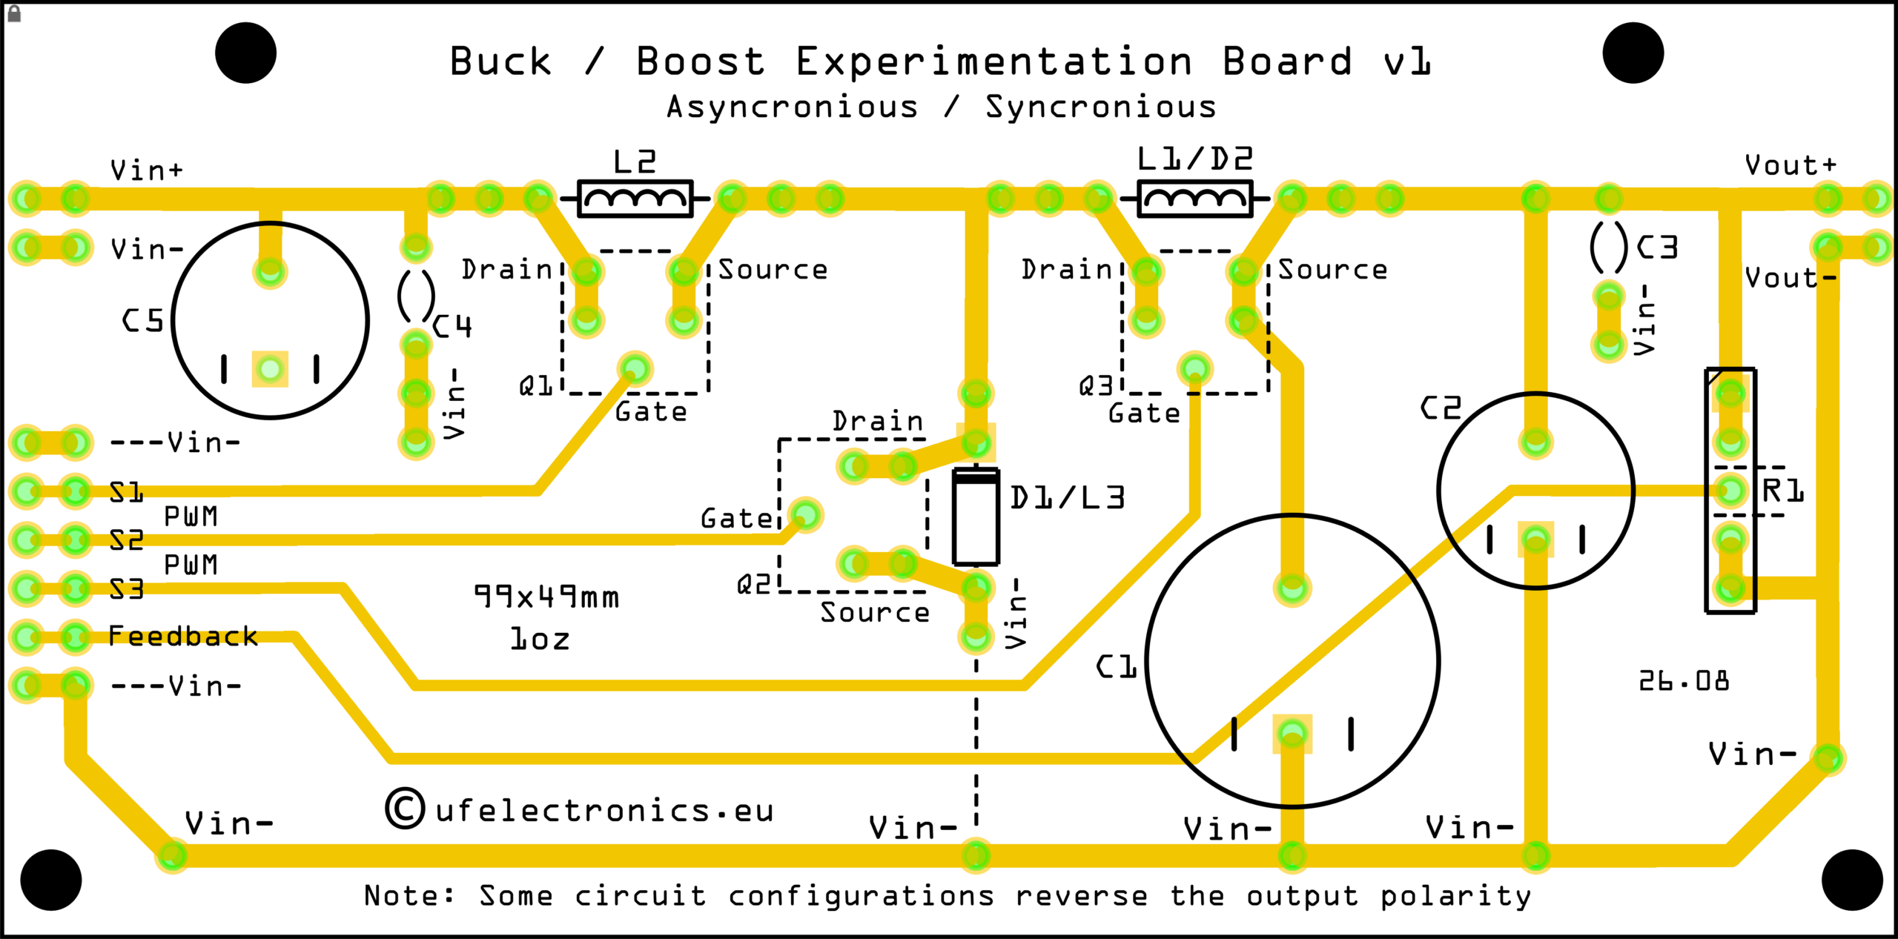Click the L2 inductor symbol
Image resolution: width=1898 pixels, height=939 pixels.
(x=635, y=199)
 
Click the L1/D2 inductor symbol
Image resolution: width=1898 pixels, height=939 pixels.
(x=1194, y=199)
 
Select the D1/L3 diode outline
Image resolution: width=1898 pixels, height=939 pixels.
(x=976, y=517)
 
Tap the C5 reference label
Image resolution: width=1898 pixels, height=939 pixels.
(x=143, y=321)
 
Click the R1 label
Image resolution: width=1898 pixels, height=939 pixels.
(x=1783, y=491)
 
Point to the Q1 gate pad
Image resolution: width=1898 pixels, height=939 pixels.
(x=635, y=368)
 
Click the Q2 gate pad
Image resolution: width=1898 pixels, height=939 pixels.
(x=805, y=514)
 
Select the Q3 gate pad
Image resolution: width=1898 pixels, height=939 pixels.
(x=1194, y=368)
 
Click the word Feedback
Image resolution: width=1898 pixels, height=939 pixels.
(x=183, y=636)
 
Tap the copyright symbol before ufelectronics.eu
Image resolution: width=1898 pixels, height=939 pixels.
(x=405, y=808)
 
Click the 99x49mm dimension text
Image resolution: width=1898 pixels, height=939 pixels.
(x=546, y=597)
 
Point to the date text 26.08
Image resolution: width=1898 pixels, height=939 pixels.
(x=1683, y=680)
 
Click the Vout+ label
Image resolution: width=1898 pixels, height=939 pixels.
(x=1790, y=165)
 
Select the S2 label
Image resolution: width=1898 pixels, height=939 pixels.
(x=127, y=540)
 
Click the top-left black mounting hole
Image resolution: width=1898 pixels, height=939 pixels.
(x=245, y=53)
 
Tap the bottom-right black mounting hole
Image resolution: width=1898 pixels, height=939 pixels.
(x=1852, y=880)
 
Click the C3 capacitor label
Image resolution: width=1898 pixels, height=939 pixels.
(x=1657, y=247)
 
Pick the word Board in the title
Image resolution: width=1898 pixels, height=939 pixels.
(x=1288, y=61)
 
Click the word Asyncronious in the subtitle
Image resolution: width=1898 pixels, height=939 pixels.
(x=792, y=107)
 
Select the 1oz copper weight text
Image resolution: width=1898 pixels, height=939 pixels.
(x=540, y=639)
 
